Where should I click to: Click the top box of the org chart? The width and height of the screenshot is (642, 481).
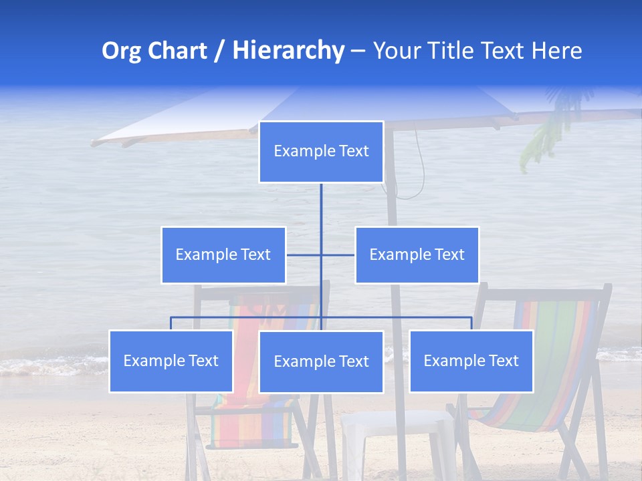(321, 152)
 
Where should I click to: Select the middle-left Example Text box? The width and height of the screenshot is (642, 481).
(223, 255)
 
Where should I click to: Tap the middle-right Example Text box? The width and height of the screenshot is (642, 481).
(417, 255)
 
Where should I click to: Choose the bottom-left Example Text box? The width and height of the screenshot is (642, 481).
(171, 361)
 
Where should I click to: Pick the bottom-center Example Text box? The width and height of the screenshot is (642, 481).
(321, 361)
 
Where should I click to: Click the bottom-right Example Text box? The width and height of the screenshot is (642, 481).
(471, 361)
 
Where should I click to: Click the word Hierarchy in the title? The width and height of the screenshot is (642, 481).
(288, 51)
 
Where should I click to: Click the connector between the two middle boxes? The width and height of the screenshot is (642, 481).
(321, 255)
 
